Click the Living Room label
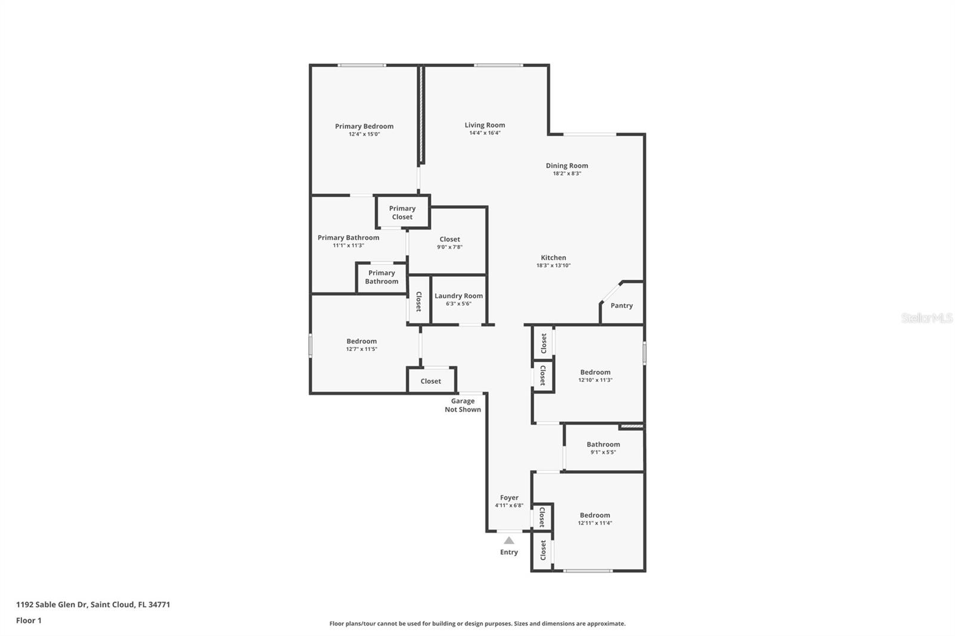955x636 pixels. [485, 125]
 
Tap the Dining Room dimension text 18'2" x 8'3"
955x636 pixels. [567, 174]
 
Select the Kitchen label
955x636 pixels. [553, 258]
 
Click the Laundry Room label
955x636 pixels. [459, 296]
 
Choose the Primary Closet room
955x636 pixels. [402, 212]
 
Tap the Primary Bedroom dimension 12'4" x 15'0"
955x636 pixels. [364, 134]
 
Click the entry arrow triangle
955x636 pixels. [509, 541]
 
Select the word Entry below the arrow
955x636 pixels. [509, 552]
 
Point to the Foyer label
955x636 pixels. [509, 498]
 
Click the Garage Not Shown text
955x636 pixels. [463, 405]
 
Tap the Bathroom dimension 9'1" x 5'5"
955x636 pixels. [603, 452]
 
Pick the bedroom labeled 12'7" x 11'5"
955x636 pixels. [362, 344]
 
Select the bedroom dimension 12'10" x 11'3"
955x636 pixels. [595, 380]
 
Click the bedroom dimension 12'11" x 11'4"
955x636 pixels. [594, 523]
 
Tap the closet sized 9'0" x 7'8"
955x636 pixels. [448, 241]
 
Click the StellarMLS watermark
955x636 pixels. [927, 318]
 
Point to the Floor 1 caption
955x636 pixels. [29, 620]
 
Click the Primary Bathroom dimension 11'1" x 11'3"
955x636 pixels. [349, 246]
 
